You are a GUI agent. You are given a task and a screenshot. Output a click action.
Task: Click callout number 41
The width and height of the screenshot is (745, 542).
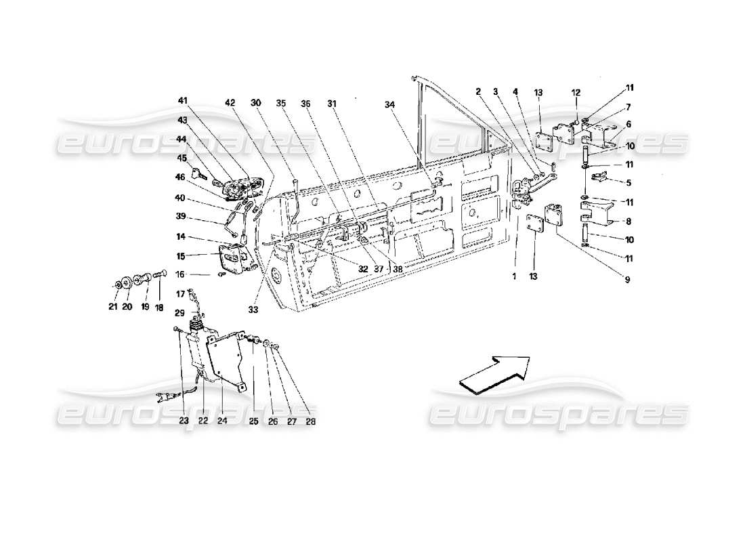182,101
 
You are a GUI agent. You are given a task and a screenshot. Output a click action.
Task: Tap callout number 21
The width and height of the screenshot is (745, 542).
113,306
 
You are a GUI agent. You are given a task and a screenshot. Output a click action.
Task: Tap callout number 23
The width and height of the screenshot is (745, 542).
183,421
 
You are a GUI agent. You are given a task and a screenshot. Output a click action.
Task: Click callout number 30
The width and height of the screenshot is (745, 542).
255,104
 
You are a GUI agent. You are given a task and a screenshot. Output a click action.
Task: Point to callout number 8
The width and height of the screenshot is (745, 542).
630,220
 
